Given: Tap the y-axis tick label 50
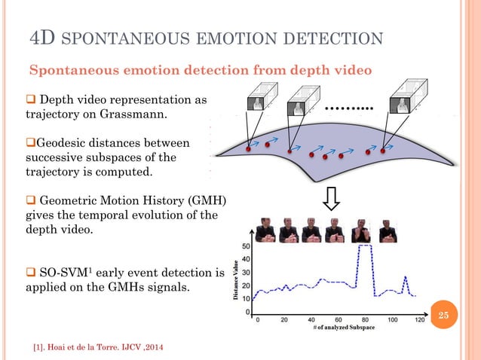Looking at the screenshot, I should (247, 246).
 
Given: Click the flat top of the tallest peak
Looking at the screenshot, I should (364, 246).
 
